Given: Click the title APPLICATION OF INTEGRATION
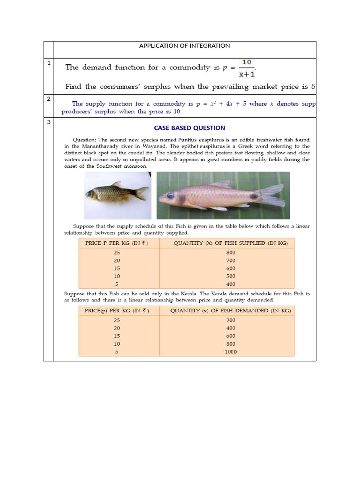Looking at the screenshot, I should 184,46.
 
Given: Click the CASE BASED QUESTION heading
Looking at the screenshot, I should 189,128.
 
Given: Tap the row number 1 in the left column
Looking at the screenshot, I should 48,62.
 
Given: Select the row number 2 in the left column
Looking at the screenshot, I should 48,99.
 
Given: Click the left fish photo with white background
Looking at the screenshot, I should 117,195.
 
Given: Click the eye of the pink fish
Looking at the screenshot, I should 170,195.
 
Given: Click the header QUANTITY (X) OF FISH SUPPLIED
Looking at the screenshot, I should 227,243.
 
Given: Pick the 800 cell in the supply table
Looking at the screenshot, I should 230,252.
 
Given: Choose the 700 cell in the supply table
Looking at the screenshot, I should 230,260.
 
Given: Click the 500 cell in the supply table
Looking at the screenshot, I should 230,276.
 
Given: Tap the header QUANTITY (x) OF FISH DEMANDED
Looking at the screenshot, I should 230,310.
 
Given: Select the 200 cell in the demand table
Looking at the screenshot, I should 230,320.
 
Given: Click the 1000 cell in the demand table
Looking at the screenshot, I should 230,352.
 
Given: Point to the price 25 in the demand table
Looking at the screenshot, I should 117,320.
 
